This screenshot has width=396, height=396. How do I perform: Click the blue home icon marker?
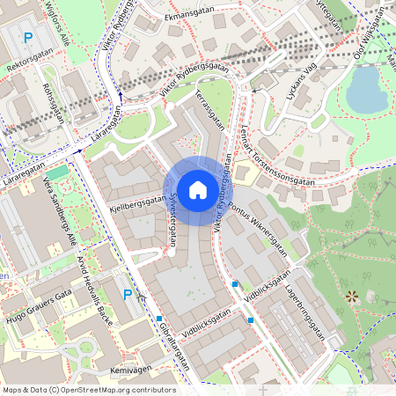coord(198,188)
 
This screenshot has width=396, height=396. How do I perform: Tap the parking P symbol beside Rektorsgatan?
coord(28,37)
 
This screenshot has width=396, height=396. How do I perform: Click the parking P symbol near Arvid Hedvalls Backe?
coord(128,295)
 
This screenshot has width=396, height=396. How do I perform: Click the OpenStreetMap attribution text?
coord(88,389)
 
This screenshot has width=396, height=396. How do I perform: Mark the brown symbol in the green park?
coord(352,297)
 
